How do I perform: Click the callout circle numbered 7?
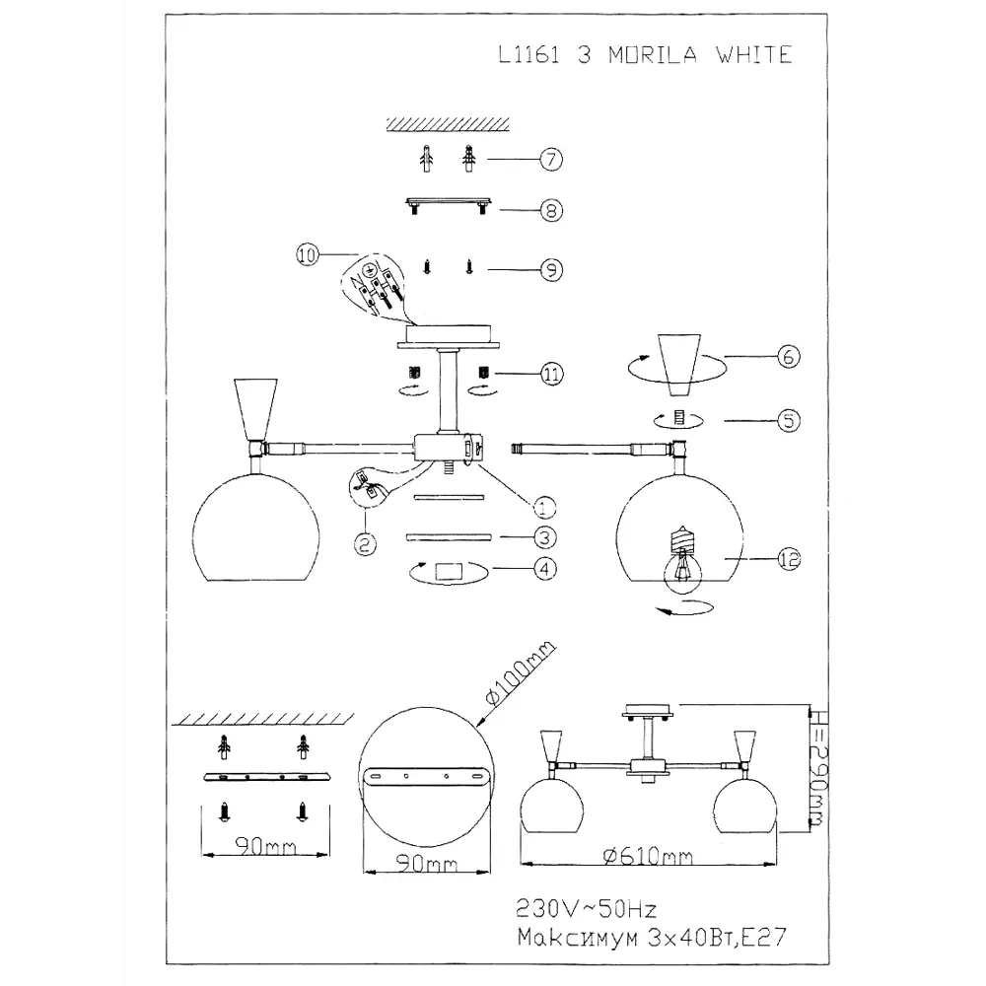[550, 159]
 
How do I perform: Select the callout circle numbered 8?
[550, 210]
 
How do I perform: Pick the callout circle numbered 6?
[788, 357]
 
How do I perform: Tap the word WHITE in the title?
[755, 54]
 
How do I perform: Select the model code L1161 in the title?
[529, 54]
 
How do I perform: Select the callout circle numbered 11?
[551, 374]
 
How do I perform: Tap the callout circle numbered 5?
[788, 421]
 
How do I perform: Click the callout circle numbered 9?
[550, 266]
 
